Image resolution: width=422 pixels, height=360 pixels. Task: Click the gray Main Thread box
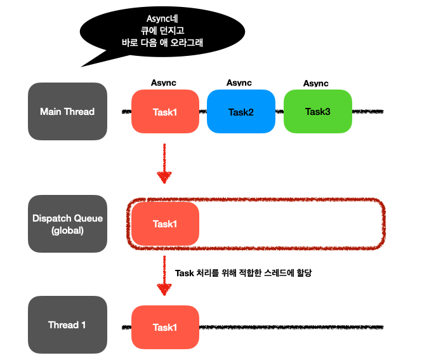pyautogui.click(x=67, y=112)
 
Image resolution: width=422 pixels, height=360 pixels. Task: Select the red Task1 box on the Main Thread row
pyautogui.click(x=166, y=112)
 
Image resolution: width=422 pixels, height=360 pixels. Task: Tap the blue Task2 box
pyautogui.click(x=241, y=112)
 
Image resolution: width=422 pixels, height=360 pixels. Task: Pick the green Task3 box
pyautogui.click(x=317, y=112)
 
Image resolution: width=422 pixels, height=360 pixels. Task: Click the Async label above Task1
pyautogui.click(x=164, y=83)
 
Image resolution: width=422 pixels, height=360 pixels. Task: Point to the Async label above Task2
pyautogui.click(x=239, y=83)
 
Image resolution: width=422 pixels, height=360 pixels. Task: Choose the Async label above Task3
pyautogui.click(x=315, y=83)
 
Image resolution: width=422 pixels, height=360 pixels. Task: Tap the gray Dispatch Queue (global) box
pyautogui.click(x=67, y=223)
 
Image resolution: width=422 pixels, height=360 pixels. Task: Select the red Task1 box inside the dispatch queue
pyautogui.click(x=166, y=223)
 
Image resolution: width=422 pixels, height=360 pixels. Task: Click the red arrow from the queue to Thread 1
pyautogui.click(x=165, y=276)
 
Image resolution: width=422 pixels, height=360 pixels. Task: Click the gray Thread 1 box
pyautogui.click(x=67, y=324)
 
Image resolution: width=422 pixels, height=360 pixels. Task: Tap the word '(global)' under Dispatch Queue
pyautogui.click(x=67, y=230)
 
